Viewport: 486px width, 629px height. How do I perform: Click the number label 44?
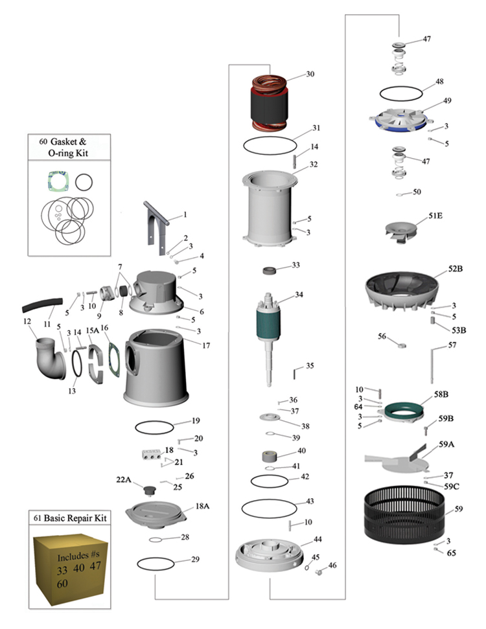point(318,539)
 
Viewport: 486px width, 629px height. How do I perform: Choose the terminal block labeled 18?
point(151,455)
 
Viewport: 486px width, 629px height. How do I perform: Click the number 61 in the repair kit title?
point(36,518)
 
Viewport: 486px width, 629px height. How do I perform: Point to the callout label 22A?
point(124,479)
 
